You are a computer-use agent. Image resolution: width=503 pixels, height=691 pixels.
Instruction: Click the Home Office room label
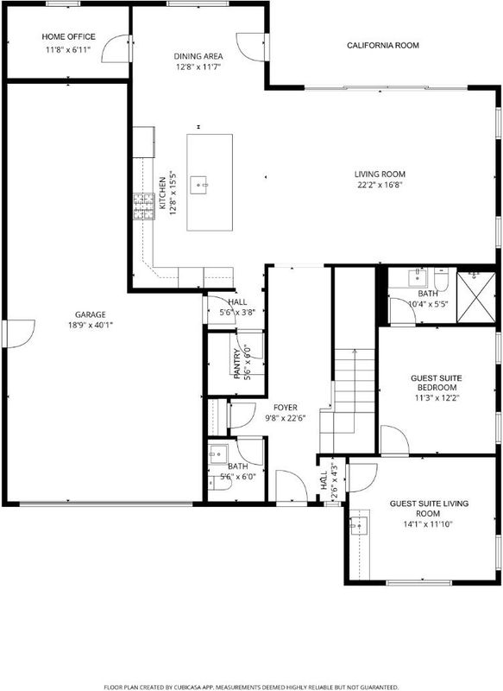(68, 36)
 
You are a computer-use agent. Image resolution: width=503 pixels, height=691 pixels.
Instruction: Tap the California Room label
(383, 46)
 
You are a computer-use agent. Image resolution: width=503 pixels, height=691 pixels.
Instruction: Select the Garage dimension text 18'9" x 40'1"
(91, 326)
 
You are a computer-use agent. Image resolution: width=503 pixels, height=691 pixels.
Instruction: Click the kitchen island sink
(198, 185)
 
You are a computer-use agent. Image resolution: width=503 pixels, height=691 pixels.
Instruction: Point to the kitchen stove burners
(144, 206)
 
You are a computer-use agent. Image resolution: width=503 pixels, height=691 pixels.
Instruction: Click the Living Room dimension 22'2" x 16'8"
(380, 185)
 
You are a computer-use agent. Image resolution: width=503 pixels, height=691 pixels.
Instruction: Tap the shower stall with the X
(476, 297)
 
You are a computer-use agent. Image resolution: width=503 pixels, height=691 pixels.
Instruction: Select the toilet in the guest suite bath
(441, 279)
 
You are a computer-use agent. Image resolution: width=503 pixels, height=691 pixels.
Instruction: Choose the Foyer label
(286, 408)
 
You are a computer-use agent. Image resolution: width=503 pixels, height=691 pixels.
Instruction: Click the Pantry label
(237, 364)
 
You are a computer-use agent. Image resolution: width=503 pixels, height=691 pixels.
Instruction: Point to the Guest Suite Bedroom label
(437, 383)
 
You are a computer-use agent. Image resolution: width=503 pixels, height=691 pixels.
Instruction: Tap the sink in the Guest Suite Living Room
(359, 525)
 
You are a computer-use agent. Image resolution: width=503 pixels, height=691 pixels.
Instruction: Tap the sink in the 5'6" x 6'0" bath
(218, 454)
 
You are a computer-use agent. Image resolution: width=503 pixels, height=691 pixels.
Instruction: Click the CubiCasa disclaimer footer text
(251, 687)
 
